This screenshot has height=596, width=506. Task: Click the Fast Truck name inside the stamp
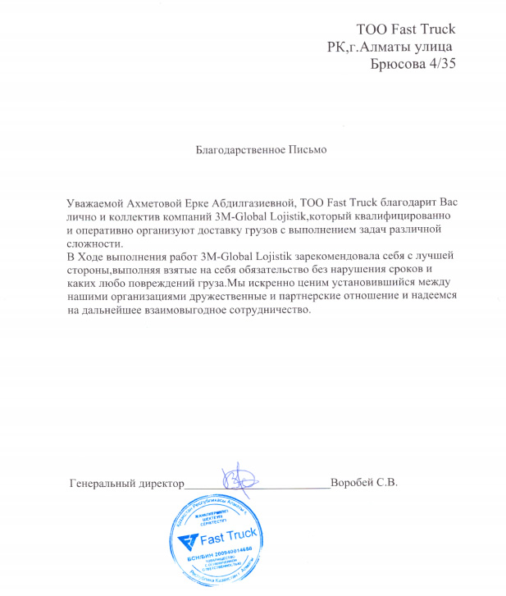click(x=230, y=538)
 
